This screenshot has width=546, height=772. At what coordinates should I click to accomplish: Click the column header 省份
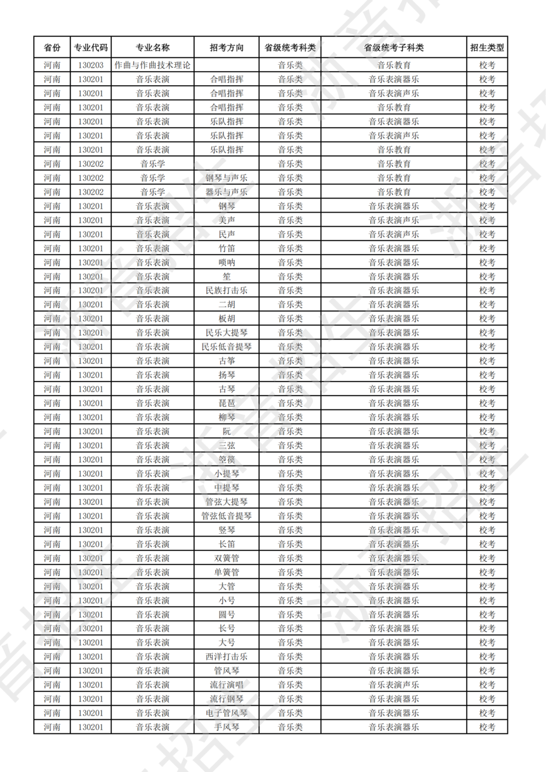(x=52, y=48)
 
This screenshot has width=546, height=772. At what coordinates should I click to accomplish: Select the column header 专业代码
(x=91, y=48)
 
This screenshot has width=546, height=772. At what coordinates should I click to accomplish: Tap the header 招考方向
(x=227, y=48)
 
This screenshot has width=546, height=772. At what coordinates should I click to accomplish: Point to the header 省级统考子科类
(x=394, y=48)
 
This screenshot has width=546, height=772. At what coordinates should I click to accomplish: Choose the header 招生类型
(x=487, y=48)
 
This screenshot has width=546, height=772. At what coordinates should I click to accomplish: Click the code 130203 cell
(x=91, y=65)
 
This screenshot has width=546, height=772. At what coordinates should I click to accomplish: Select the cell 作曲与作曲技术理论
(x=152, y=65)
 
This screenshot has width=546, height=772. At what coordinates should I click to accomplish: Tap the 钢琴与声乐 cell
(x=227, y=178)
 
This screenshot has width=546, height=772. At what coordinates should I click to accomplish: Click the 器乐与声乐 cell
(x=227, y=192)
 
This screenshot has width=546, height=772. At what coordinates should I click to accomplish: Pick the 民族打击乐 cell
(x=227, y=290)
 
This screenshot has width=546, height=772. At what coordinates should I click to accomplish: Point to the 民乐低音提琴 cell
(x=227, y=347)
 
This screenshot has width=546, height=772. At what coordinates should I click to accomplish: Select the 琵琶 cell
(x=227, y=403)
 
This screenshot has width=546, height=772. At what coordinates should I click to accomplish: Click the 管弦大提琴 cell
(x=227, y=502)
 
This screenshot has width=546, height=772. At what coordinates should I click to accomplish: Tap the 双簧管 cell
(x=227, y=558)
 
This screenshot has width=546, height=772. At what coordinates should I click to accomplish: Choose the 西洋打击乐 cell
(x=227, y=656)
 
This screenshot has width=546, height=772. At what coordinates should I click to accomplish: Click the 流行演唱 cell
(x=227, y=685)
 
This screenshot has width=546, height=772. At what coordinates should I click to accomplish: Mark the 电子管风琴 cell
(x=227, y=713)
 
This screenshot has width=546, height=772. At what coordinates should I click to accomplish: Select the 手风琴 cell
(x=227, y=727)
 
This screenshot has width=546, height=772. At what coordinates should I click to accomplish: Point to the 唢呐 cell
(x=227, y=262)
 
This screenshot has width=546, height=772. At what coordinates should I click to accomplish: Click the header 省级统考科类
(x=290, y=48)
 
